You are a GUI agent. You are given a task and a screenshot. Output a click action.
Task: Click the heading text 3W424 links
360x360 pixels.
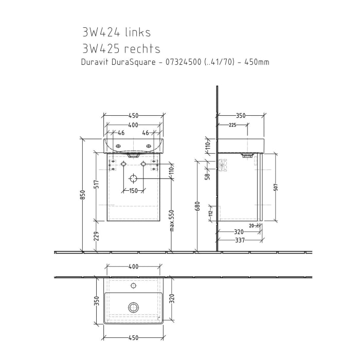click(x=116, y=32)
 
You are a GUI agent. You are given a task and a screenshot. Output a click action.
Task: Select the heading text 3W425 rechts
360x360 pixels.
click(x=121, y=49)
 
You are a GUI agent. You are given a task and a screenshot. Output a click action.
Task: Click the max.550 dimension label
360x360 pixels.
click(x=172, y=220)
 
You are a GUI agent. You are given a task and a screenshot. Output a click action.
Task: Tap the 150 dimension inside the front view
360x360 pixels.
click(x=133, y=191)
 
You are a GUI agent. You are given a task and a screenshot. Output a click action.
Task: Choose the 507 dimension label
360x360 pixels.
click(x=276, y=187)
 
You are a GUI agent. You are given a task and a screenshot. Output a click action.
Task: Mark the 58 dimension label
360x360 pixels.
click(x=208, y=176)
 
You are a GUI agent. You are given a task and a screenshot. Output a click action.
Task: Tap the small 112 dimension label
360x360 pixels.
click(x=210, y=213)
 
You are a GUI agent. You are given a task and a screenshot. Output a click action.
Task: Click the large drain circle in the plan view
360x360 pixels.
click(x=134, y=308)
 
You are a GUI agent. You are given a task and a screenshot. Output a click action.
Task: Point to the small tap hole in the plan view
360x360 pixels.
click(x=134, y=285)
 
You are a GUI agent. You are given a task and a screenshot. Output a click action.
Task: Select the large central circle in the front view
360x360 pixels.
click(x=133, y=178)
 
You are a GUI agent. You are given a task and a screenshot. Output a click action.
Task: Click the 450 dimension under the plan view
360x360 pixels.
click(x=133, y=338)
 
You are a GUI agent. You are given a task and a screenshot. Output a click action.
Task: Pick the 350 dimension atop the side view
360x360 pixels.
click(x=240, y=116)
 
